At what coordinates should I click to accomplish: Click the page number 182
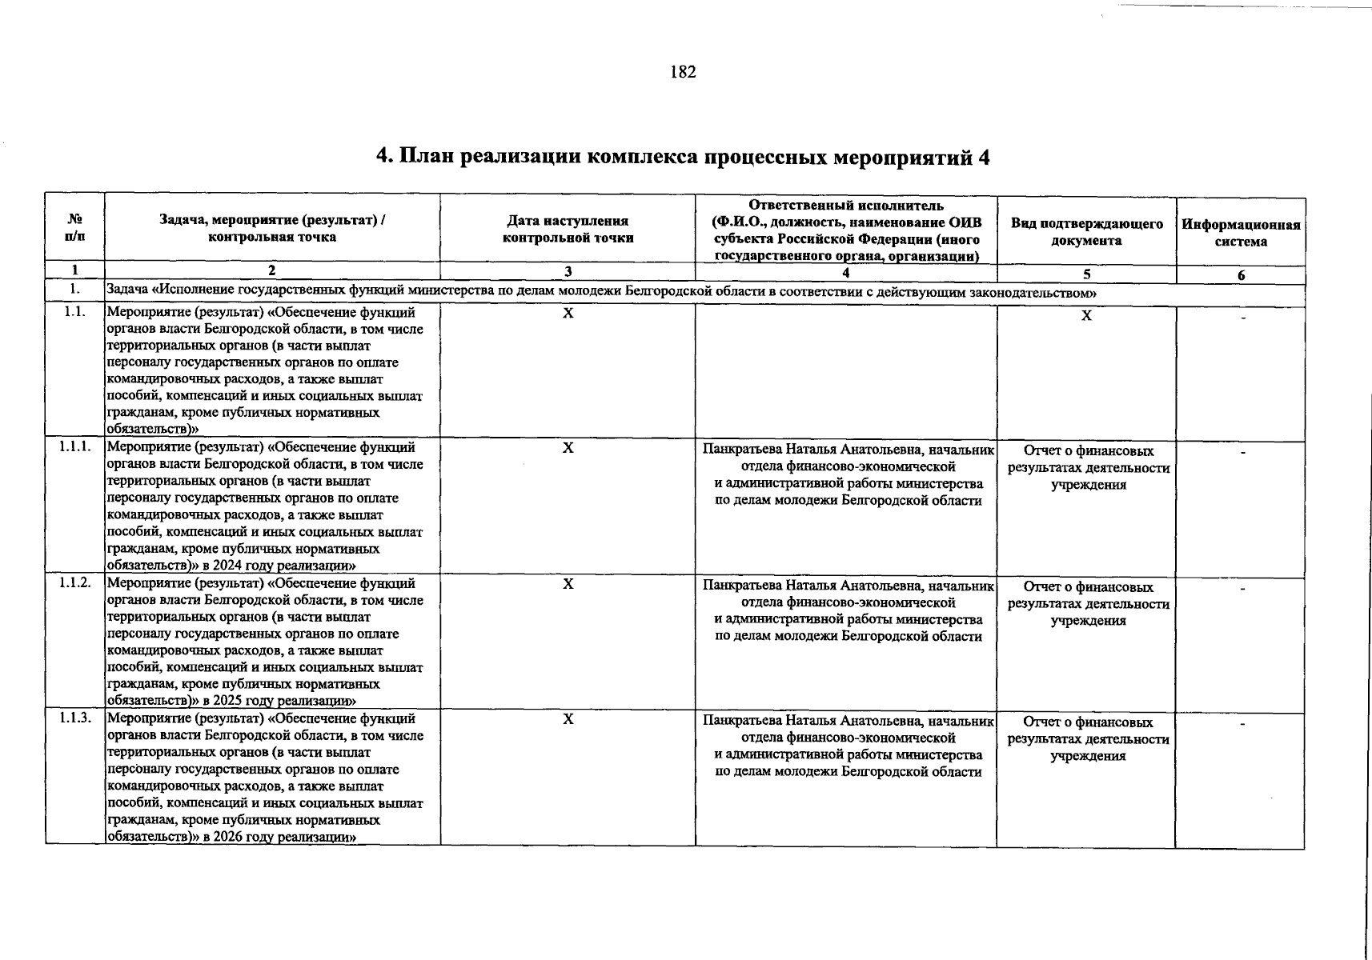(683, 73)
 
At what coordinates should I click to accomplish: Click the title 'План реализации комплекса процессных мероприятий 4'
(683, 158)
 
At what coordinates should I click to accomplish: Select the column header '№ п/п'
(74, 228)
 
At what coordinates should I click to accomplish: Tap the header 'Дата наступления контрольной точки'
(568, 229)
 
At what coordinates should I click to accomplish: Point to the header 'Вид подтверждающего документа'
(1086, 231)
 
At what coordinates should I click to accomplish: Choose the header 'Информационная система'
(1241, 233)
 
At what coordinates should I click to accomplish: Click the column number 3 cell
(568, 272)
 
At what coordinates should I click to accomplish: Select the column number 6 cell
(1241, 275)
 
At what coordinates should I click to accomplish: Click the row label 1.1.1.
(74, 447)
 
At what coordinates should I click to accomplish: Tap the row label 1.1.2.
(74, 583)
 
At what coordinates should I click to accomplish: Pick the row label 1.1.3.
(74, 718)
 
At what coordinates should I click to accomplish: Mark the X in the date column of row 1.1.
(568, 313)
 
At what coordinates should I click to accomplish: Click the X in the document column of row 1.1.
(1086, 316)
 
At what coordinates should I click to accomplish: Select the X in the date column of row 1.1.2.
(568, 584)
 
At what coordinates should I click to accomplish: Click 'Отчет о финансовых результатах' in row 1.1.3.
(1088, 730)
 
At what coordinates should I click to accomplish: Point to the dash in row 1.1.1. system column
(1242, 454)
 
